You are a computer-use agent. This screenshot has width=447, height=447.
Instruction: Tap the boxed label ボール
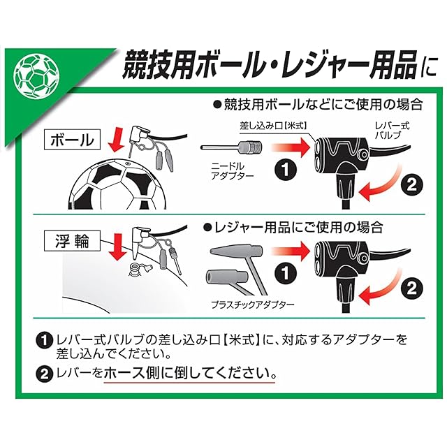(x=72, y=140)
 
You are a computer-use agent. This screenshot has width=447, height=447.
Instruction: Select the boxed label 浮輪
(x=72, y=241)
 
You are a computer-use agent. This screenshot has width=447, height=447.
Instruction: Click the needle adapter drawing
(x=232, y=147)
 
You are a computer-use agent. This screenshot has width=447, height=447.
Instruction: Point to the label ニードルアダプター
(x=232, y=170)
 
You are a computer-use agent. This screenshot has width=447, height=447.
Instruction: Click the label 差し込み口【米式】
(x=273, y=126)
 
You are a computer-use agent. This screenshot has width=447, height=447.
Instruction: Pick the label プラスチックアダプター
(x=253, y=305)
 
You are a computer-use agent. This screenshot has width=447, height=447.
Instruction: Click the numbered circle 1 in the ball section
(x=286, y=170)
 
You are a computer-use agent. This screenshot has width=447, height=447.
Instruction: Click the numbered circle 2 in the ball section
(x=411, y=185)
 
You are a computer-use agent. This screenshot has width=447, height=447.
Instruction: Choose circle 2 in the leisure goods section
(x=411, y=289)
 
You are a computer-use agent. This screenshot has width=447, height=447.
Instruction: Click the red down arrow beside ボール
(x=117, y=140)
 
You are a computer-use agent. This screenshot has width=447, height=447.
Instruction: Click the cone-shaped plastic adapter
(x=236, y=251)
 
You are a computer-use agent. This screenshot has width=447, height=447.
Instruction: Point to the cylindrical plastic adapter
(x=227, y=277)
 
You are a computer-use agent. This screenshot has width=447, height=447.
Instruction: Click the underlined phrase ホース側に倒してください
(x=189, y=373)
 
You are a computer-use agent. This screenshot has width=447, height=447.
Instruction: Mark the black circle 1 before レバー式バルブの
(x=44, y=340)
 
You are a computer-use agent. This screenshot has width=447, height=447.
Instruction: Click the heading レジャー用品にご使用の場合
(x=293, y=228)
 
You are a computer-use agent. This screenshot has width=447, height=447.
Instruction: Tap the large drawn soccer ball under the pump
(x=118, y=184)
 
